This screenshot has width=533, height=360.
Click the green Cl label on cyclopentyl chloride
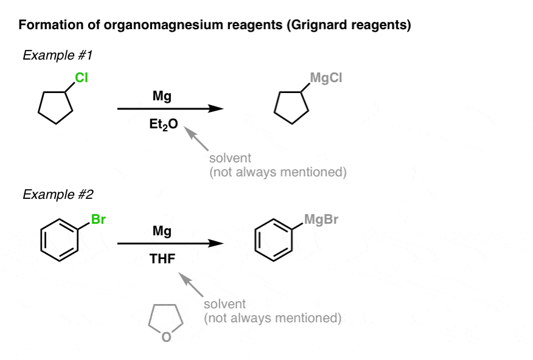pyautogui.click(x=82, y=78)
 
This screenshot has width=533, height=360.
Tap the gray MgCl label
pyautogui.click(x=326, y=78)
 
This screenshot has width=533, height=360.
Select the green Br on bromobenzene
pyautogui.click(x=99, y=220)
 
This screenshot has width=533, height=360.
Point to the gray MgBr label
pyautogui.click(x=321, y=220)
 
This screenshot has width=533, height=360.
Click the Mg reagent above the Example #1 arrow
pyautogui.click(x=162, y=96)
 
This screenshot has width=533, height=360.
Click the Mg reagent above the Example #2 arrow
pyautogui.click(x=162, y=231)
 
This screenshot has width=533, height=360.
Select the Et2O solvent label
pyautogui.click(x=164, y=124)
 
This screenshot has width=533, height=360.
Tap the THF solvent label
pyautogui.click(x=162, y=259)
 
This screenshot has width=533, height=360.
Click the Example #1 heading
pyautogui.click(x=57, y=55)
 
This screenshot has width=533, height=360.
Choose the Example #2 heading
pyautogui.click(x=58, y=194)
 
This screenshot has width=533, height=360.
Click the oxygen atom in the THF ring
pyautogui.click(x=166, y=337)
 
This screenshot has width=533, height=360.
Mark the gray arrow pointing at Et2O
pyautogui.click(x=196, y=139)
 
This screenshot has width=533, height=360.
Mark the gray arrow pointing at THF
pyautogui.click(x=191, y=285)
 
